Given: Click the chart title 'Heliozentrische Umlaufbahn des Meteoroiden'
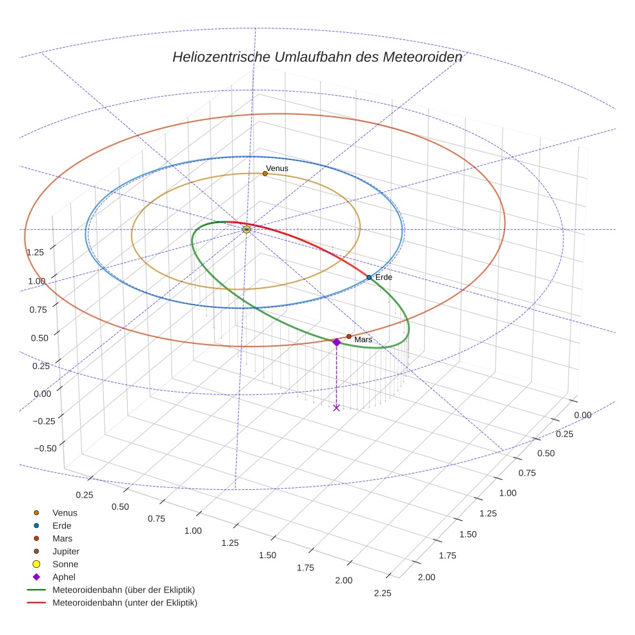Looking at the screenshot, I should (x=317, y=57).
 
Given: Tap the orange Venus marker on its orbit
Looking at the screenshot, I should (x=265, y=174).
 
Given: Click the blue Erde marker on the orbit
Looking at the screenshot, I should (x=369, y=277).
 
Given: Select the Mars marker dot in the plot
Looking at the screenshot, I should (x=348, y=336).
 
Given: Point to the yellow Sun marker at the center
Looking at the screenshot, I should (x=247, y=229).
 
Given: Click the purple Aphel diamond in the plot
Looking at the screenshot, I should (x=336, y=342).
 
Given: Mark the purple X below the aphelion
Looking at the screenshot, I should (x=336, y=408).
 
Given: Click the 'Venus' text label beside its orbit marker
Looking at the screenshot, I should (x=277, y=168).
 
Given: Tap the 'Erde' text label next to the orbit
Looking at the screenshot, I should (x=383, y=277).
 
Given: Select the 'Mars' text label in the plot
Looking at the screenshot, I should (x=363, y=339).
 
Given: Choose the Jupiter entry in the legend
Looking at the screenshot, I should (x=66, y=551).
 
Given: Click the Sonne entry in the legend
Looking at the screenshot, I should (x=65, y=564).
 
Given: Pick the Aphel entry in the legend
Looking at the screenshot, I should (x=64, y=577).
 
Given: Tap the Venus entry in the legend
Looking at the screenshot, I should (x=65, y=512).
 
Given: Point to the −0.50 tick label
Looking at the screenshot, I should (x=44, y=448).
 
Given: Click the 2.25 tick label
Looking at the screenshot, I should (x=382, y=594).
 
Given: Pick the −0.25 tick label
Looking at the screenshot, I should (x=44, y=421).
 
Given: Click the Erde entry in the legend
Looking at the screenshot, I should (x=62, y=525).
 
